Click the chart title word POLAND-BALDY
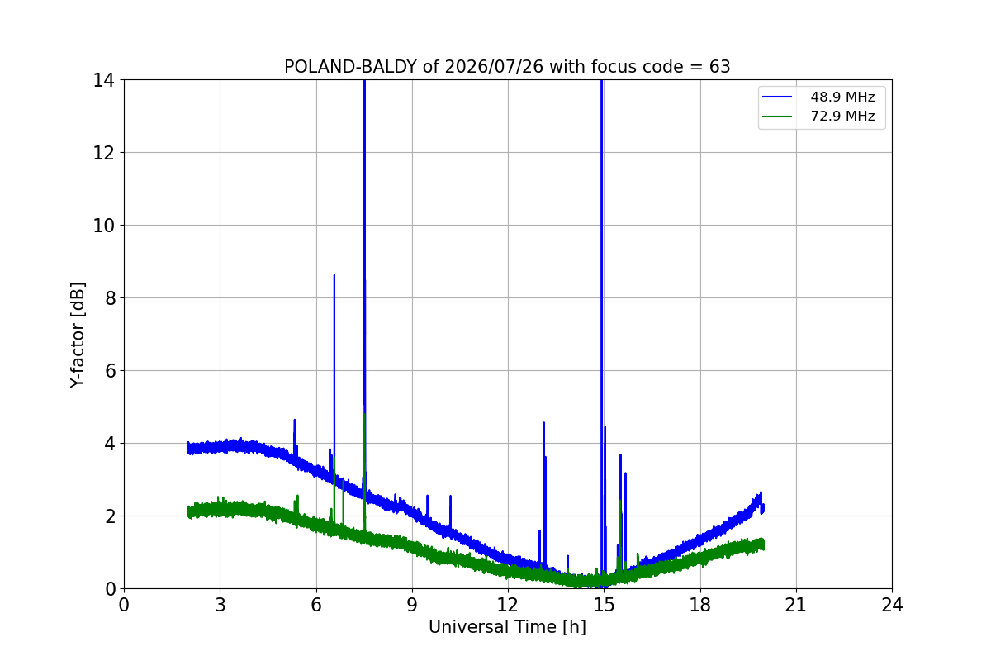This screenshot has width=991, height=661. (350, 67)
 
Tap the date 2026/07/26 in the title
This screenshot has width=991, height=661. (494, 67)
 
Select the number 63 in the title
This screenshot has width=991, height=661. (720, 67)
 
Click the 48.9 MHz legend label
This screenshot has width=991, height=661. (842, 97)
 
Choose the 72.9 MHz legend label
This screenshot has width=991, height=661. (842, 116)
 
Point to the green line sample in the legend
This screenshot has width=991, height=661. (777, 117)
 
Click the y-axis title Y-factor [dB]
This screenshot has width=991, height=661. (78, 335)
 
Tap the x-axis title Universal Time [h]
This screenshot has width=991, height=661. (507, 627)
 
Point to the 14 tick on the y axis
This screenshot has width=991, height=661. (103, 81)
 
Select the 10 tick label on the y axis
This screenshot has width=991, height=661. (103, 226)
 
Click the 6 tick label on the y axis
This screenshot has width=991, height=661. (110, 371)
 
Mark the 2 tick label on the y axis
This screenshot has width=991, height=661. (110, 516)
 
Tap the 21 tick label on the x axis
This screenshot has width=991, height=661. (796, 605)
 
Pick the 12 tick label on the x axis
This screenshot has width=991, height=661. (507, 605)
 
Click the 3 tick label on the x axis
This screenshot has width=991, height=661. (220, 605)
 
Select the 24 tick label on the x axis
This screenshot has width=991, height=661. (892, 605)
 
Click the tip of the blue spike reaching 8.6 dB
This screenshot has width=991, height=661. (334, 275)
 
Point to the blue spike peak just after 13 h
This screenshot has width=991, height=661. (543, 423)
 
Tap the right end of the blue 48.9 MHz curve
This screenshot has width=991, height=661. (763, 509)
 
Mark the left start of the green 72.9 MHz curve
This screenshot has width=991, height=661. (188, 511)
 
